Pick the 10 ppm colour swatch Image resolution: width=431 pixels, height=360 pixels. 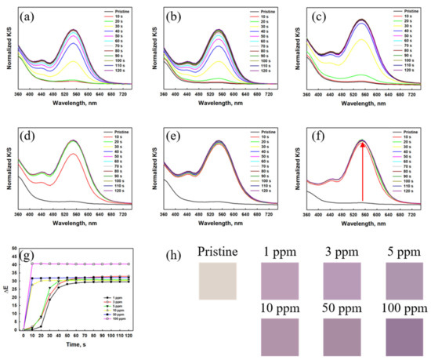pyautogui.click(x=280, y=333)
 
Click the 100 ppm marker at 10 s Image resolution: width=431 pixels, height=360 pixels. pyautogui.click(x=32, y=264)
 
